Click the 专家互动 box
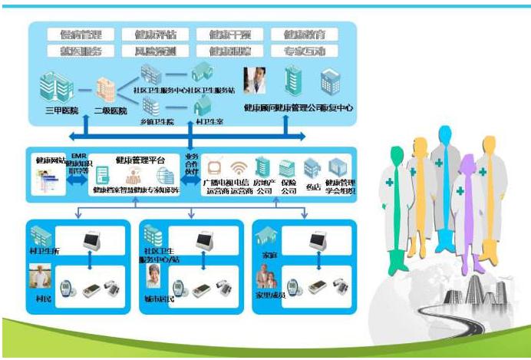click(305, 51)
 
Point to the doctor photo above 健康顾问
click(255, 80)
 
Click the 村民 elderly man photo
click(41, 277)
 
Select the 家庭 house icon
click(269, 234)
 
